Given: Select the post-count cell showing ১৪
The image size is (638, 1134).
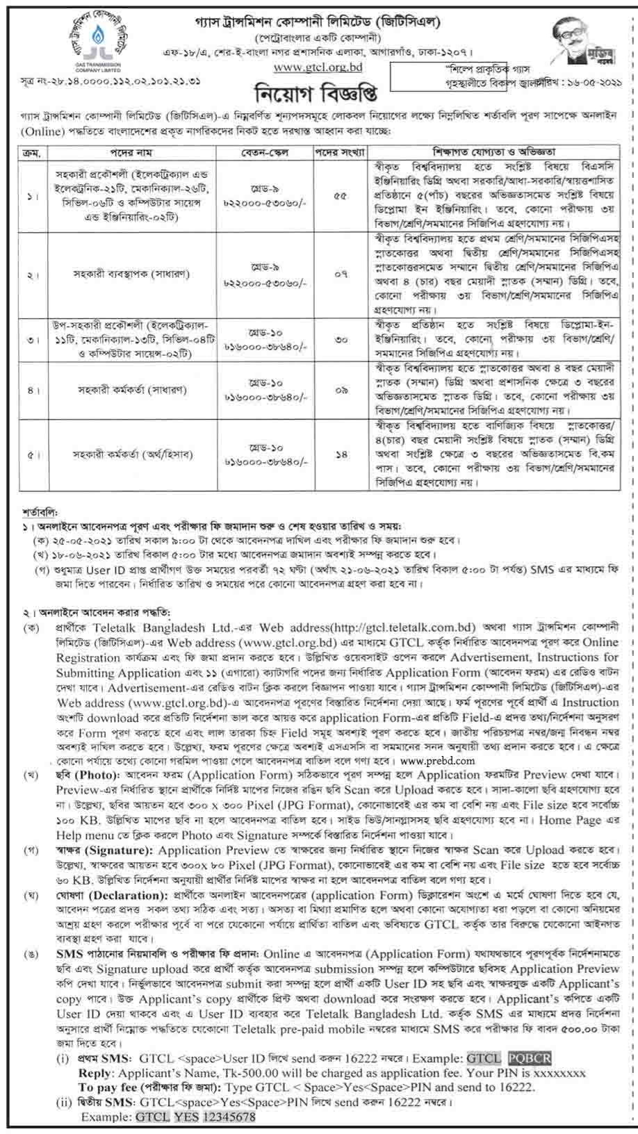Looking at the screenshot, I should (341, 455).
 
